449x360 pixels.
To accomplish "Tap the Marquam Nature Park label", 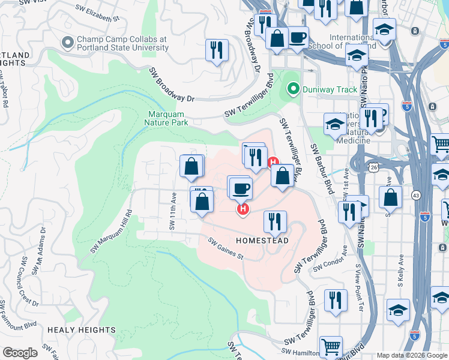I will pos(166,118).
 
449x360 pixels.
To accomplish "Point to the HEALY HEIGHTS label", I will pos(81,330).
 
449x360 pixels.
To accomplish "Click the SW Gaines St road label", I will pos(226,248).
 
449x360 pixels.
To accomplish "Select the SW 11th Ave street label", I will pos(173,211).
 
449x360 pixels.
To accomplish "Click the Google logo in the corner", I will pos(20,353).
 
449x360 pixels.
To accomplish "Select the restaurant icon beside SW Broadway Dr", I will pos(217,50).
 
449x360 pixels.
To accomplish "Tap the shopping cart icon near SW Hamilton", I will pos(331,346).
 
